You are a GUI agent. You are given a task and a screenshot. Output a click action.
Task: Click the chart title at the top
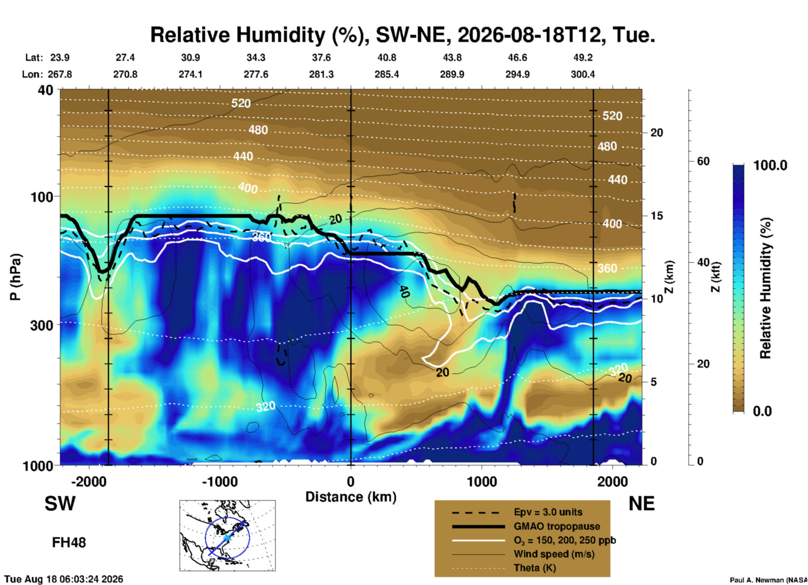(x=402, y=35)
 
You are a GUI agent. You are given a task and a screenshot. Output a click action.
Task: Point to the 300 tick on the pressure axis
(x=42, y=325)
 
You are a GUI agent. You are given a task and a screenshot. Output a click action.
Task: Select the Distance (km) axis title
(x=351, y=497)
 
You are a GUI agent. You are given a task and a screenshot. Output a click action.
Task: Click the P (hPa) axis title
(x=15, y=277)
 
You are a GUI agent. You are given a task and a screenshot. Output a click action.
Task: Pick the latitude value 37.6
(x=321, y=57)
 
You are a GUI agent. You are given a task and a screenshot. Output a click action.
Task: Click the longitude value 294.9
(x=517, y=74)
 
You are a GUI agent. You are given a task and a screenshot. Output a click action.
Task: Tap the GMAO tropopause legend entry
(x=557, y=526)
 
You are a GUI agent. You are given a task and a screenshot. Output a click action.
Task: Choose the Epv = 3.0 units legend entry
(x=548, y=512)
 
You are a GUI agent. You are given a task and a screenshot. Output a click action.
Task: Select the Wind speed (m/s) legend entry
(x=554, y=554)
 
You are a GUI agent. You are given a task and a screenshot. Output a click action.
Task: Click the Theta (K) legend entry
(x=534, y=568)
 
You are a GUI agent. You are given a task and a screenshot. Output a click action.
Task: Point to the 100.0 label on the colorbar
(x=770, y=165)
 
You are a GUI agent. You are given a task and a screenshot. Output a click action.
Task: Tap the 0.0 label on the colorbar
(x=762, y=411)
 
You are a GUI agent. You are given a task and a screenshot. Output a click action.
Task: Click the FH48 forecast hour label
(x=69, y=543)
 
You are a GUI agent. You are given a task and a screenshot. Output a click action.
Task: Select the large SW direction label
(x=60, y=504)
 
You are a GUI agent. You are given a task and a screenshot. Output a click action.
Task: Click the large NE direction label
(x=641, y=504)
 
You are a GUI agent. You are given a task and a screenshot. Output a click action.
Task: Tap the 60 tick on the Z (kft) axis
(x=703, y=161)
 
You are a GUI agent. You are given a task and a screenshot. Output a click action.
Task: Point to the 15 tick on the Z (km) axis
(x=657, y=216)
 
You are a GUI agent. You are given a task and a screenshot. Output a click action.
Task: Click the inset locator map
(x=227, y=535)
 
